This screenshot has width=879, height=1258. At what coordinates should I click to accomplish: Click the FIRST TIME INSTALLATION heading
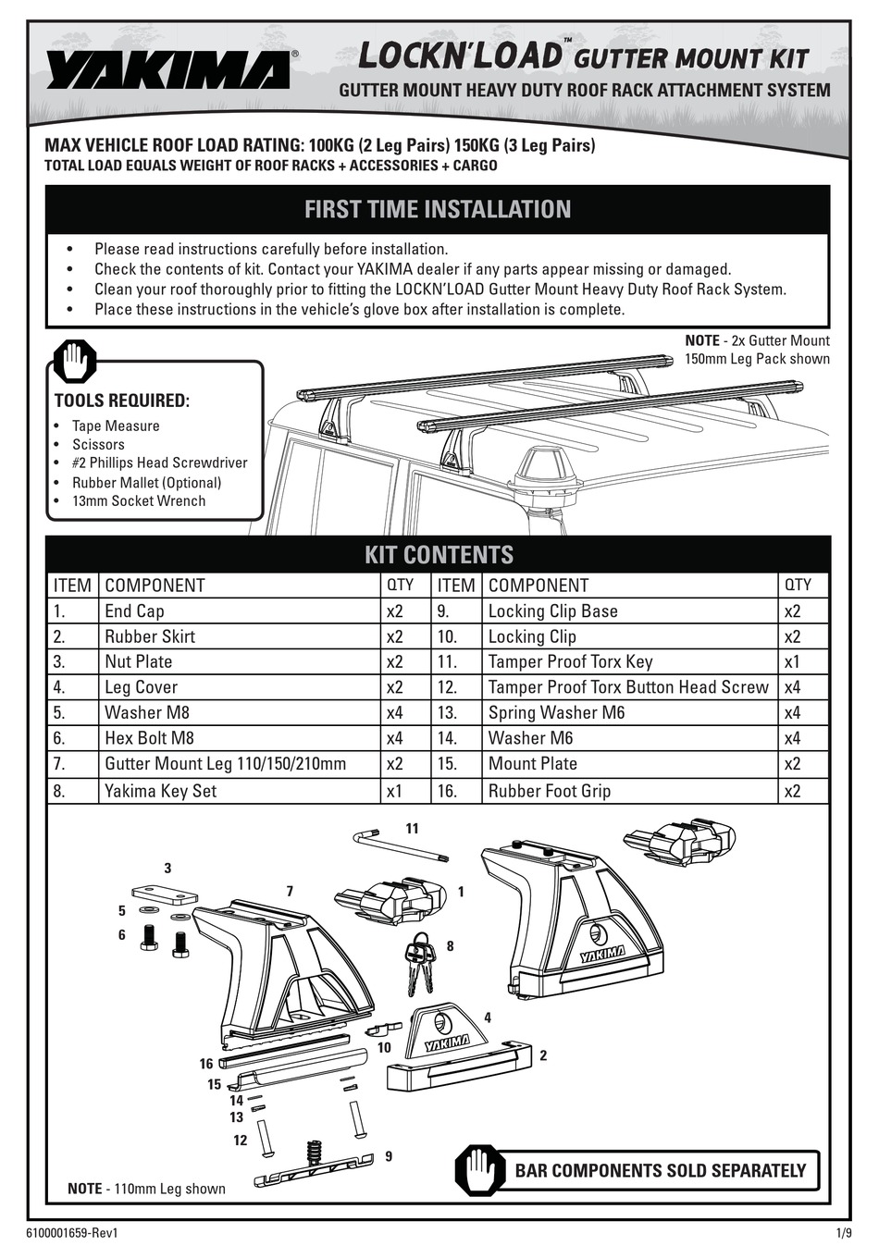click(438, 209)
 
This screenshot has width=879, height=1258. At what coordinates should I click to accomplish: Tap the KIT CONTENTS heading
click(438, 554)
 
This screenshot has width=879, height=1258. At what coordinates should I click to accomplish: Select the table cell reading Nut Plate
click(139, 661)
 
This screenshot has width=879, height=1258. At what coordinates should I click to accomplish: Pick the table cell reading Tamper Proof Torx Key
click(570, 661)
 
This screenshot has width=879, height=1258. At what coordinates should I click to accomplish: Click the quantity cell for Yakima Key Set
click(395, 790)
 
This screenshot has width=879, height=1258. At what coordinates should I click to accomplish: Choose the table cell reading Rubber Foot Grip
click(550, 790)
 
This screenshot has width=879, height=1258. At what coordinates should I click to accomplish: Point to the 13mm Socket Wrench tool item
click(139, 500)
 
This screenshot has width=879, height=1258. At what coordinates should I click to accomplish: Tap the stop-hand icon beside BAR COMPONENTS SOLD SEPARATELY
click(480, 1171)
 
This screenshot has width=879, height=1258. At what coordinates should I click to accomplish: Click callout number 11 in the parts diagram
click(412, 828)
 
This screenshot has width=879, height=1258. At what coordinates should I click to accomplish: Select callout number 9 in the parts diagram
click(388, 1155)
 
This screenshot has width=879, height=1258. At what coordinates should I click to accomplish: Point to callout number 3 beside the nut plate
click(167, 868)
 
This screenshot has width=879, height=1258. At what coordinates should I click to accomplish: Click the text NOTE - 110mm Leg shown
click(146, 1189)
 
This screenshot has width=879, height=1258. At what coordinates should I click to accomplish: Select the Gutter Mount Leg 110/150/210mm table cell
click(225, 763)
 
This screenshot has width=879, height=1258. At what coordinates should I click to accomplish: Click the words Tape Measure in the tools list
click(116, 425)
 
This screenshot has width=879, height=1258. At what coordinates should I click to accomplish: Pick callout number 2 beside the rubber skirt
click(542, 1054)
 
